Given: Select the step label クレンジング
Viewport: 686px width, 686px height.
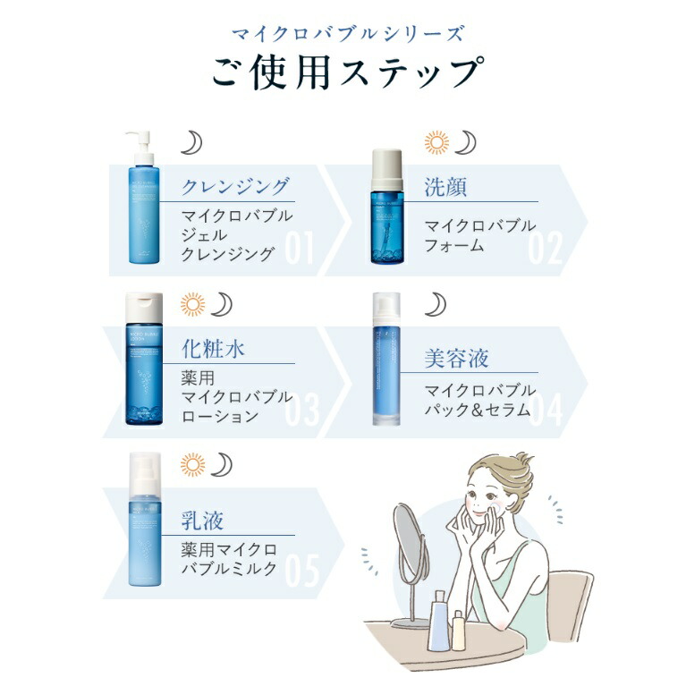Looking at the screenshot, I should (x=235, y=186).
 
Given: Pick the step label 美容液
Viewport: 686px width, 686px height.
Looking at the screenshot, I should (x=456, y=360).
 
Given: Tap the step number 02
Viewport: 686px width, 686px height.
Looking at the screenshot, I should (x=546, y=250).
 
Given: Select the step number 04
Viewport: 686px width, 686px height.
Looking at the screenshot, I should (x=546, y=411).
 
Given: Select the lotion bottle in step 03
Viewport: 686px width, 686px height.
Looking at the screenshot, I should (x=144, y=360).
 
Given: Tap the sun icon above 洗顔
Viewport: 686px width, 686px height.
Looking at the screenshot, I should (x=436, y=142).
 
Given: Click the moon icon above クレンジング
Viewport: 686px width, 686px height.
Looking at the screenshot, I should (x=191, y=142).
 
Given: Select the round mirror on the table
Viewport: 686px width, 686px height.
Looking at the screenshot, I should (x=407, y=538).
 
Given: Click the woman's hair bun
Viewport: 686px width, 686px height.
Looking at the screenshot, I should (x=517, y=466).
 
